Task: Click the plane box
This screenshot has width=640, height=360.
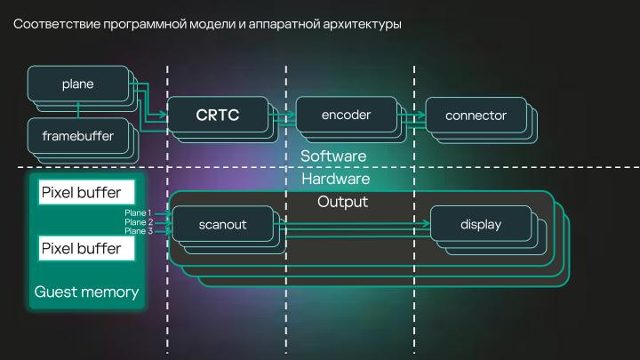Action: [77, 84]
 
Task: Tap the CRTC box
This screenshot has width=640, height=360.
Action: [218, 115]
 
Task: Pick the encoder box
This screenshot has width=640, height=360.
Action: [346, 115]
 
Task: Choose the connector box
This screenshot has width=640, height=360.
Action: [476, 116]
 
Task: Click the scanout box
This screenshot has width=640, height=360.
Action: [222, 225]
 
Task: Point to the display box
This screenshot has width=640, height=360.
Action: [481, 225]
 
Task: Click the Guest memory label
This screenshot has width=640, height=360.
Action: [86, 292]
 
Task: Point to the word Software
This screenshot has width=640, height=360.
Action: [333, 156]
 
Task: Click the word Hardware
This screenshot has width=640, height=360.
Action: [334, 179]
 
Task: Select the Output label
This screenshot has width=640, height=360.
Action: [342, 202]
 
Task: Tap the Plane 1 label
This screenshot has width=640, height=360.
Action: [138, 213]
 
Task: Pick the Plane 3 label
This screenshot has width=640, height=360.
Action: [138, 231]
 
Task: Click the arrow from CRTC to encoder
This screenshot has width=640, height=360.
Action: [283, 116]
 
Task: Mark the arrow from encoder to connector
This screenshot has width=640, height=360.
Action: [412, 116]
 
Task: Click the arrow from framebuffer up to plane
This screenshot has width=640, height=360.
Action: [79, 109]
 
